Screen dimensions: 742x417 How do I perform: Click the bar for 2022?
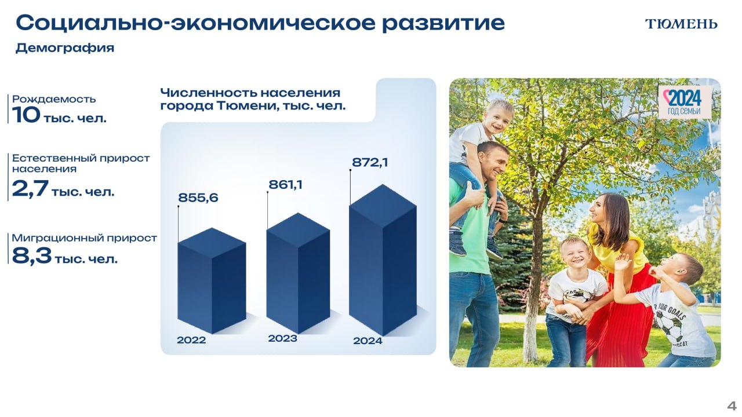pos(212,281)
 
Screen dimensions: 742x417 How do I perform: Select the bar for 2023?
pos(298,273)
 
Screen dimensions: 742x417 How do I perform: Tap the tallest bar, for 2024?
pos(383,260)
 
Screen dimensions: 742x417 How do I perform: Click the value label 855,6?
pos(198,197)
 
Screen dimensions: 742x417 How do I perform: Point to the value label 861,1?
pos(286,185)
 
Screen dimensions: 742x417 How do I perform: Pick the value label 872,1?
pos(370,163)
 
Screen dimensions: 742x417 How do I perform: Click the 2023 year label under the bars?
pos(282,339)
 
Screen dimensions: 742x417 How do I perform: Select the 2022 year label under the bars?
pos(191,340)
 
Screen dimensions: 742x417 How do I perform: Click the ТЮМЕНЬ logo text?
pos(681,24)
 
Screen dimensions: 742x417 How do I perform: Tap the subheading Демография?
pos(65,48)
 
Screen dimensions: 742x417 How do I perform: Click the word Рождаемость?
pos(54,99)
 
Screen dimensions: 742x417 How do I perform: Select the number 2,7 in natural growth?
pos(30,189)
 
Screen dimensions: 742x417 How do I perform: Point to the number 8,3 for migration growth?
pos(32,256)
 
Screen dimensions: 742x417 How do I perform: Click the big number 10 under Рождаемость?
pos(26,115)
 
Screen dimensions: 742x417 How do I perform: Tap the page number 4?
pos(732,406)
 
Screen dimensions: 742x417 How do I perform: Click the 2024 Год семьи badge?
pos(685,102)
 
